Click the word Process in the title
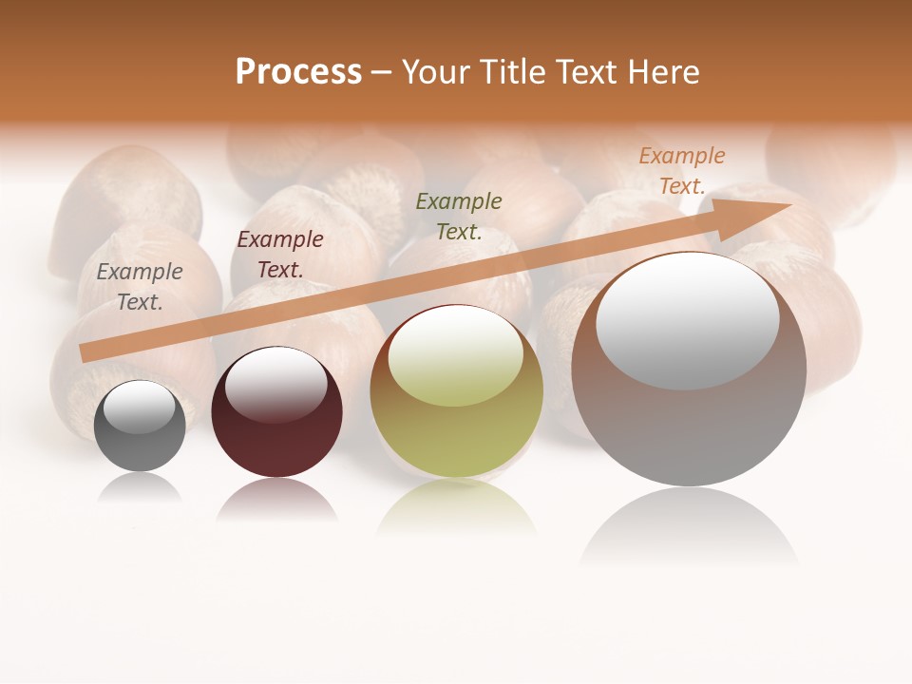(x=298, y=71)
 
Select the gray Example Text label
(x=139, y=287)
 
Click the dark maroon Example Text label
(x=280, y=255)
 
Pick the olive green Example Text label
(x=459, y=216)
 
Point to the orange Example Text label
(x=681, y=171)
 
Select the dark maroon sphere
(x=276, y=442)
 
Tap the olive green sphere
(x=456, y=437)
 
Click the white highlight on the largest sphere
(x=688, y=320)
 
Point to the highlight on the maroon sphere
(x=276, y=383)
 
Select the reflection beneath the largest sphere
(x=689, y=527)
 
